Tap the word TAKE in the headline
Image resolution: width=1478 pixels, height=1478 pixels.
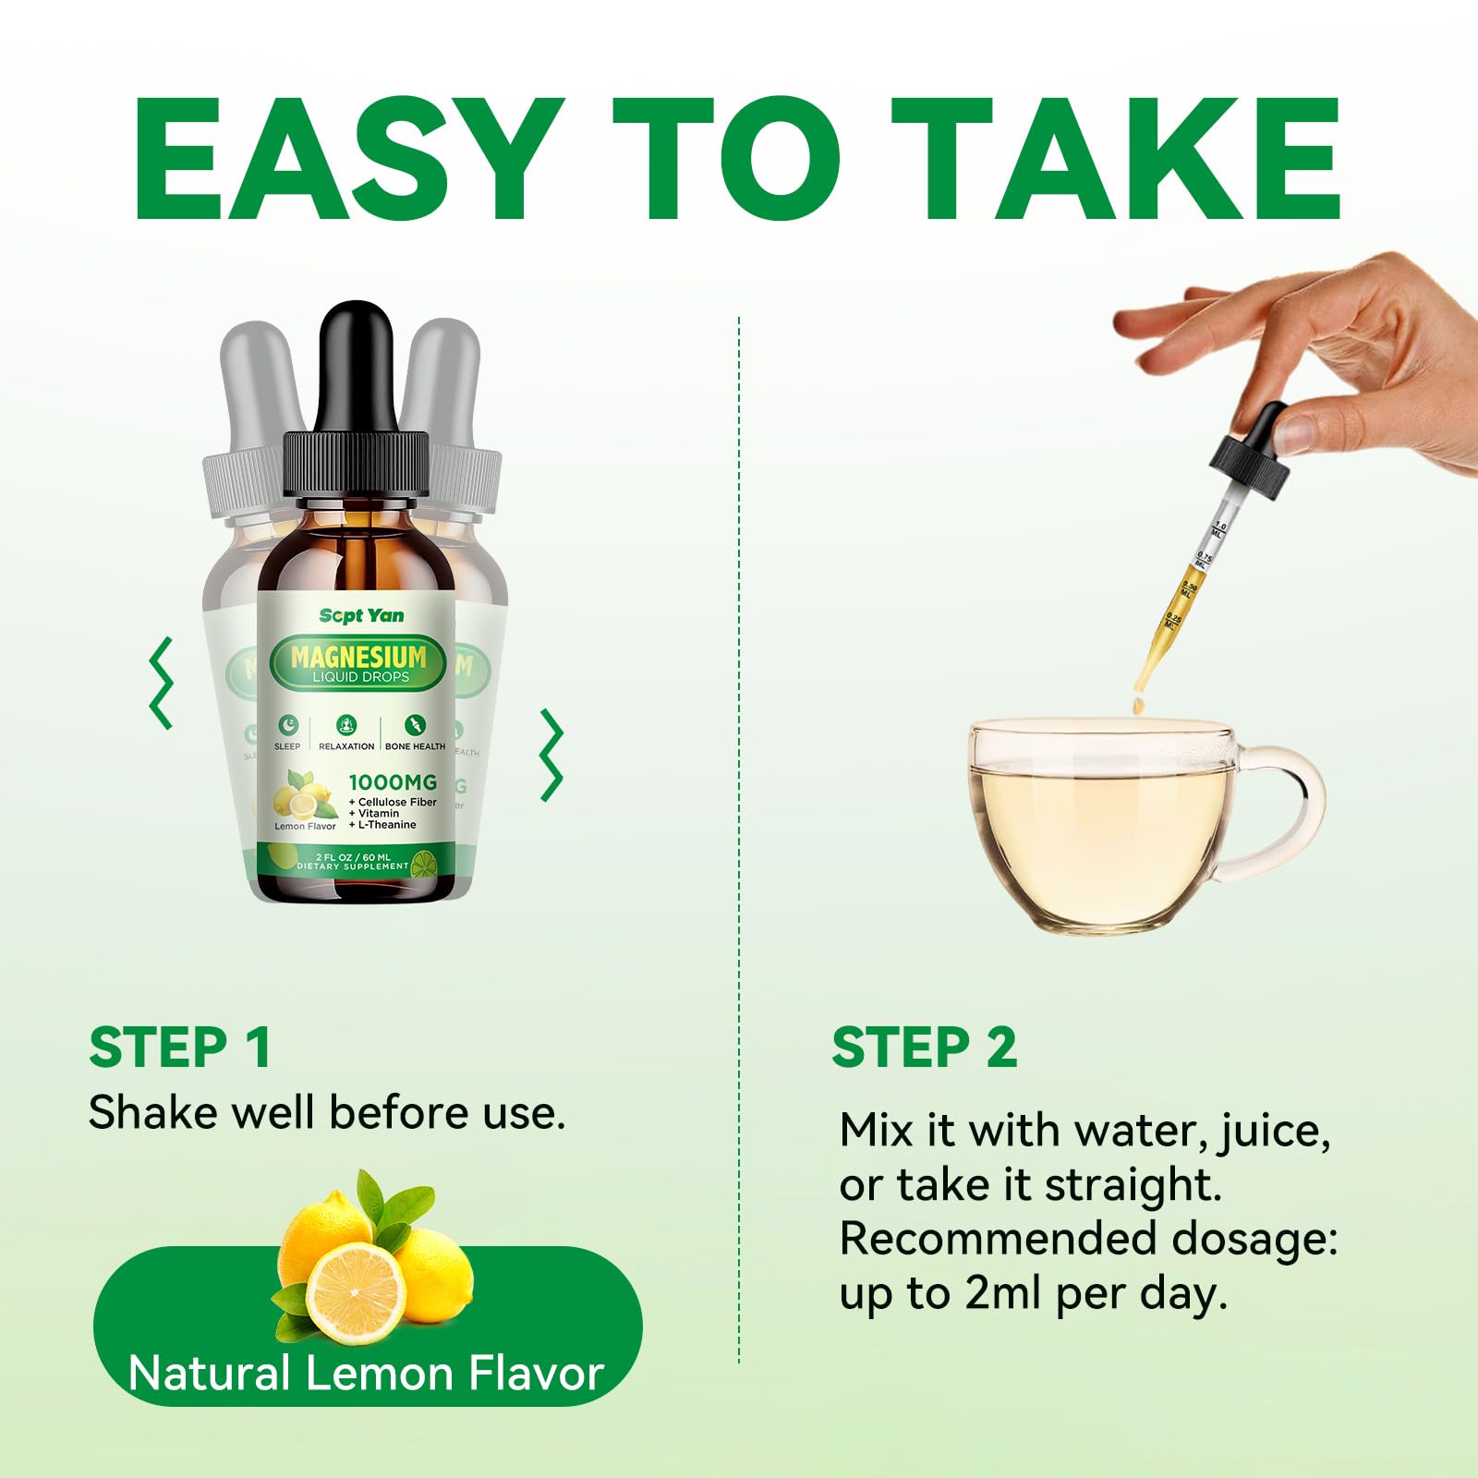tap(1116, 159)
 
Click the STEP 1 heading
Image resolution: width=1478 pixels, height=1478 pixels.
tap(180, 1048)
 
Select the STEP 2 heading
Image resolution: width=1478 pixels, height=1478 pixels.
tap(924, 1048)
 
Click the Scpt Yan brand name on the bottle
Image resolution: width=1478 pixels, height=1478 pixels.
tap(361, 615)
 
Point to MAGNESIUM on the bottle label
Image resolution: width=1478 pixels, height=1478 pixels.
tap(358, 657)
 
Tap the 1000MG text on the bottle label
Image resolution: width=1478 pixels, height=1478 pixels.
tap(393, 782)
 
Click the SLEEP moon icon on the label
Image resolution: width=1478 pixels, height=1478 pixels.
tap(288, 724)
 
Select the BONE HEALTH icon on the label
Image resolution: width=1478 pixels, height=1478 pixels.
tap(415, 724)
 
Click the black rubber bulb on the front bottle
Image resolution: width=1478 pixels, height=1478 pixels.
tap(357, 365)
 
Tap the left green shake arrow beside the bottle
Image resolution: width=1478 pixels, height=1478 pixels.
tap(162, 684)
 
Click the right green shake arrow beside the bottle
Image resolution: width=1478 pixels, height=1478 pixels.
tap(551, 755)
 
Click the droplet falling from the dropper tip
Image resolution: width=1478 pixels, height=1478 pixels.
tap(1139, 707)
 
